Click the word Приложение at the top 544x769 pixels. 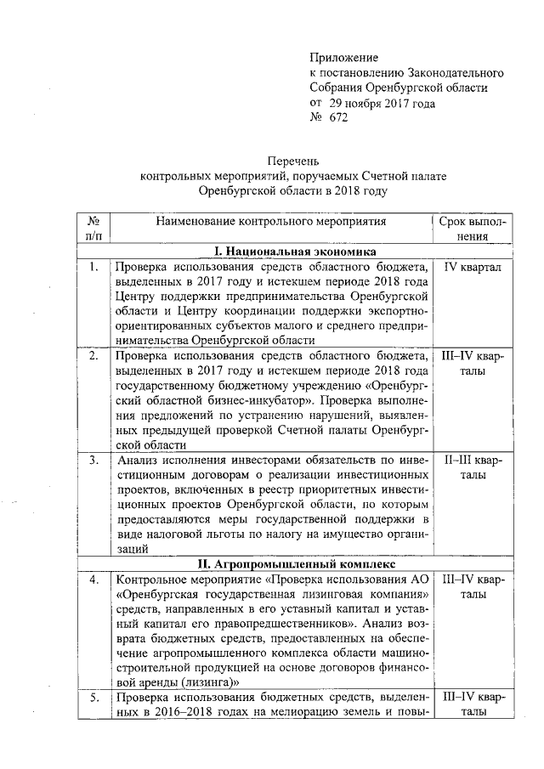343,57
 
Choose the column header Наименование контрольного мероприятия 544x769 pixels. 270,222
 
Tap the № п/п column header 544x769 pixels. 93,229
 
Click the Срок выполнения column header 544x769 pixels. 473,229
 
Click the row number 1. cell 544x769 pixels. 93,267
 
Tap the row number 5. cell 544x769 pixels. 93,698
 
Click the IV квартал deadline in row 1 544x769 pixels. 473,267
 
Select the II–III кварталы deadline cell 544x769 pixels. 473,468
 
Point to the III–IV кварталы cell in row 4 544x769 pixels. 473,586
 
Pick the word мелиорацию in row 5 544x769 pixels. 299,713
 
